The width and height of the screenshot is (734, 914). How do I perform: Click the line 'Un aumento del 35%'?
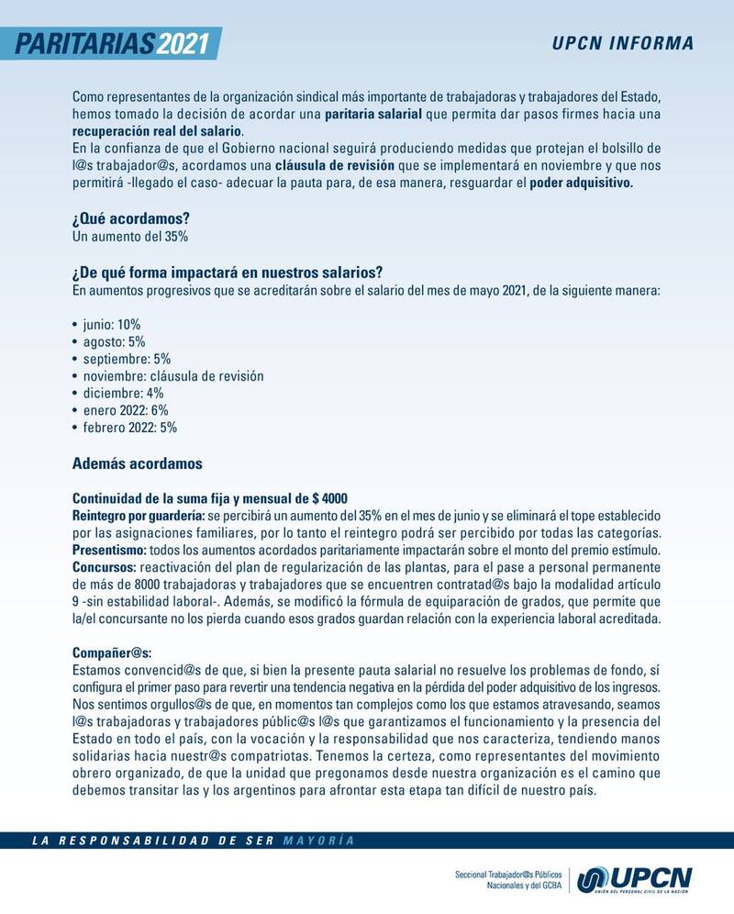130,236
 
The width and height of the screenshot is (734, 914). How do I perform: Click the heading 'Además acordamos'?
137,463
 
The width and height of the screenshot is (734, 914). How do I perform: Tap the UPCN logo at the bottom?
634,878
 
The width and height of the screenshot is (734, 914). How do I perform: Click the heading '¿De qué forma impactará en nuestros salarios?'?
227,274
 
